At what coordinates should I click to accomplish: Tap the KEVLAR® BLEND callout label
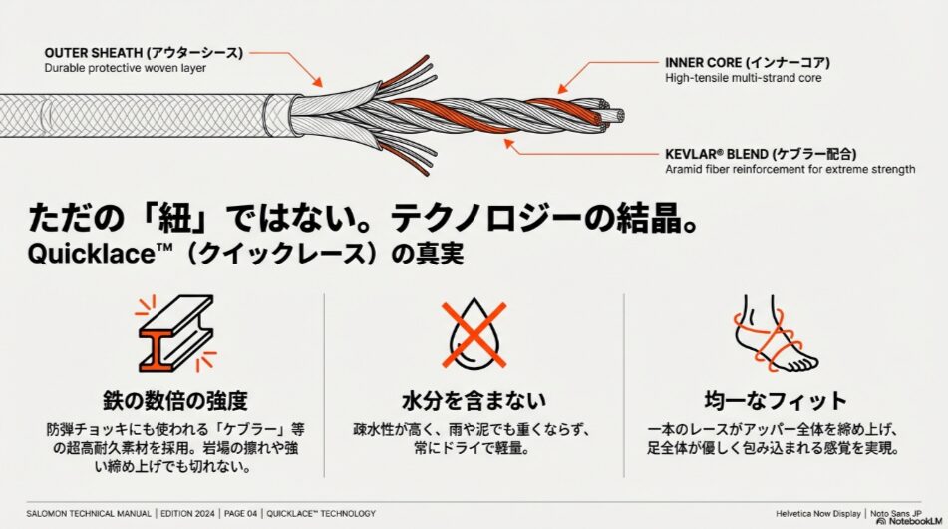click(x=763, y=154)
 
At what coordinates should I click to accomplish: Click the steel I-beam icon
click(x=171, y=331)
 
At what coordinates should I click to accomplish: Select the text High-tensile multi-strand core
click(x=743, y=78)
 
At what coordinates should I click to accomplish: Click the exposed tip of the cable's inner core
click(x=618, y=116)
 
